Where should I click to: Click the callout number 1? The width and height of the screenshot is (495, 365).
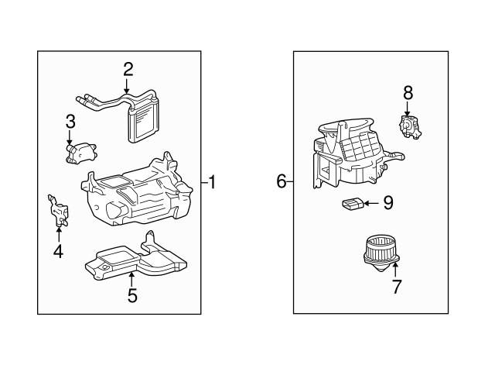pos(212,183)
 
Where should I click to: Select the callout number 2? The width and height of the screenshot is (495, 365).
pos(128,70)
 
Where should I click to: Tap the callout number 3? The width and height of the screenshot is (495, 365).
pos(70,122)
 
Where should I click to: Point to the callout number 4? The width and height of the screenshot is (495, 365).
pos(59,251)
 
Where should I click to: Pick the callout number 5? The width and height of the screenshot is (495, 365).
pos(132,296)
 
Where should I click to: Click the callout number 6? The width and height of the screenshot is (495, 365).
pos(282,181)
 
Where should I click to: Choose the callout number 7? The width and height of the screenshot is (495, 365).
pos(397,287)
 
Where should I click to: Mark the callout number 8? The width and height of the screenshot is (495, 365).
pos(408,93)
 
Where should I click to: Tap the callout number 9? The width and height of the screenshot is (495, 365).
pos(388,203)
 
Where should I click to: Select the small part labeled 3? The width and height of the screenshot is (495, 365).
pos(80,153)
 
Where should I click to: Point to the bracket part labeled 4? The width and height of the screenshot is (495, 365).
pos(59,211)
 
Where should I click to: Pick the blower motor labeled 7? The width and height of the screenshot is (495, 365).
pos(381,253)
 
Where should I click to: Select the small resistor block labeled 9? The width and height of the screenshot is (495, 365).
pos(353,203)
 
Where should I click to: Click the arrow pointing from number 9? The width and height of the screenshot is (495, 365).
pos(371,203)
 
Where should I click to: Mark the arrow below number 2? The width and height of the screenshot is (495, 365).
pos(126,86)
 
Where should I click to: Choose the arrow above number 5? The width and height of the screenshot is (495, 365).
pos(131,279)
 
